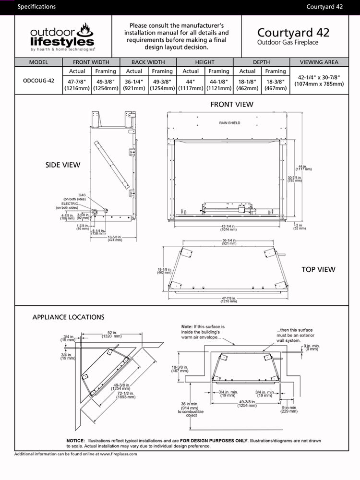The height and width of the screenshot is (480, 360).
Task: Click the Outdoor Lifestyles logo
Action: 62,37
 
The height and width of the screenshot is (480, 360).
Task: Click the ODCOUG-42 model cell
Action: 38,80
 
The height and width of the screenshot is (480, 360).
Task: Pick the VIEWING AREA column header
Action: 319,62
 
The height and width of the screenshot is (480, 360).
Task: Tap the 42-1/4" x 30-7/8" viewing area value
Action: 319,80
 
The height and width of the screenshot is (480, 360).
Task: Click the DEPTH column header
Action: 261,62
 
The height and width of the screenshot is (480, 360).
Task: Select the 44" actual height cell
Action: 191,80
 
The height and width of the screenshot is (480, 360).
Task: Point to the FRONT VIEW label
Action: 232,104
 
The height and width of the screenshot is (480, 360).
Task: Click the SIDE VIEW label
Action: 63,165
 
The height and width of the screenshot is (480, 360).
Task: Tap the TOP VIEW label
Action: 318,269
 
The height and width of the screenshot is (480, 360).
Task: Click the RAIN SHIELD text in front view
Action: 229,123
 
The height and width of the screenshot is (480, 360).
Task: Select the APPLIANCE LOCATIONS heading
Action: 68,317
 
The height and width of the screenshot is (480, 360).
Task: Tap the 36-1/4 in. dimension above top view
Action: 230,242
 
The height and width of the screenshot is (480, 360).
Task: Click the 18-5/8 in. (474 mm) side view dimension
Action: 114,238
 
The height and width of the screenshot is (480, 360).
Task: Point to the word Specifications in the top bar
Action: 36,7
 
